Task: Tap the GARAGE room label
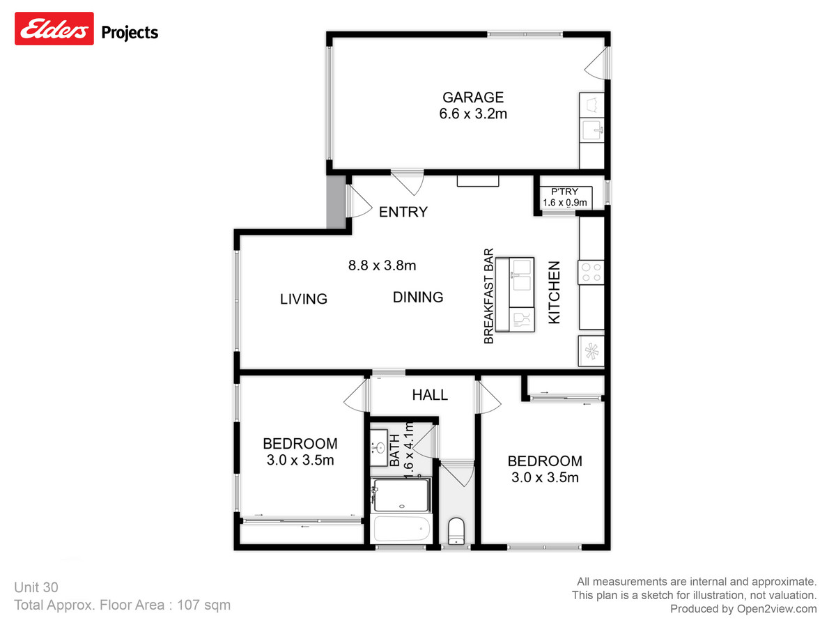(472, 98)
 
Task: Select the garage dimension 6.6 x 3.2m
(472, 114)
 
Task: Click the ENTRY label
(403, 212)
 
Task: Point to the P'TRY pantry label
(564, 192)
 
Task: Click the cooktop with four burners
(591, 272)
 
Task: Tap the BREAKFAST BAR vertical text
(488, 296)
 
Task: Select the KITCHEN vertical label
(555, 292)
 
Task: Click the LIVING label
(304, 299)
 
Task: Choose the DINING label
(418, 297)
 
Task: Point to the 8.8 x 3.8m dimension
(382, 265)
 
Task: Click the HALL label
(430, 395)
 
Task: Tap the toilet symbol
(456, 531)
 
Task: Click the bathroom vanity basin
(378, 447)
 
